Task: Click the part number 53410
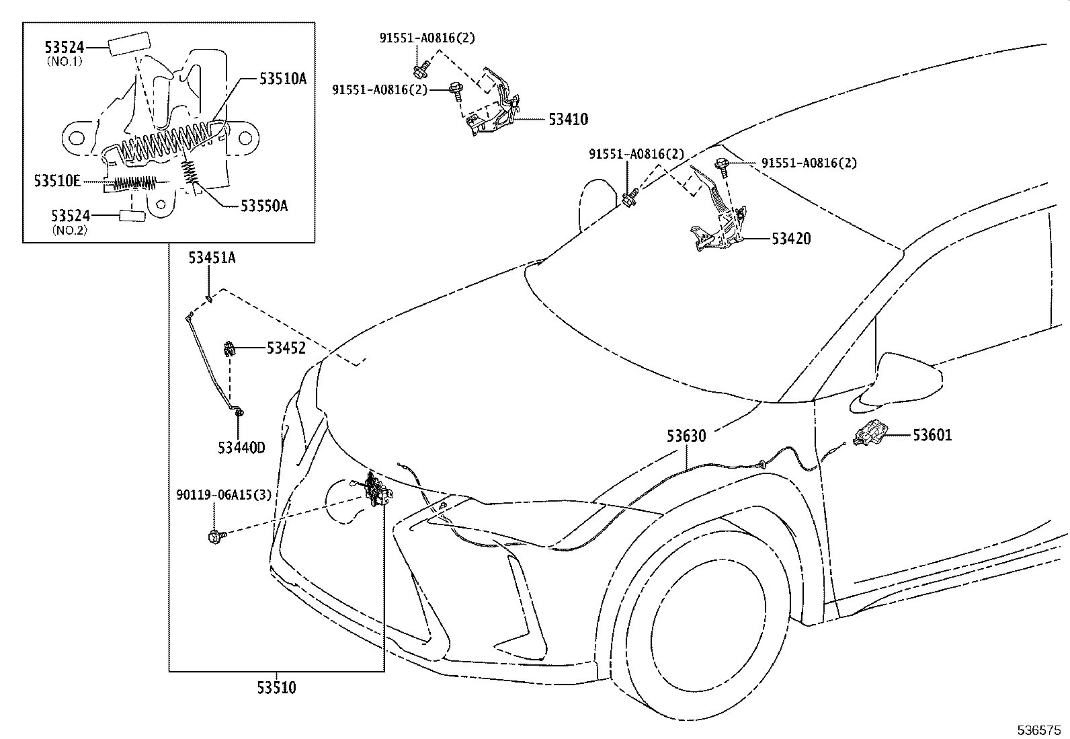(568, 119)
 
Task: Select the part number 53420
(791, 239)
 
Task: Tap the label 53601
(932, 435)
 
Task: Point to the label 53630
(686, 436)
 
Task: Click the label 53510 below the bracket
(277, 688)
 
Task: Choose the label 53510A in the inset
(283, 79)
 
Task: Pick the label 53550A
(263, 206)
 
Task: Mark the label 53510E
(57, 181)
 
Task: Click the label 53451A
(212, 258)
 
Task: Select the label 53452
(286, 348)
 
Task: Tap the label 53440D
(241, 448)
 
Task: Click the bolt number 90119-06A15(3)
(224, 495)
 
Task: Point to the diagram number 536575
(1039, 730)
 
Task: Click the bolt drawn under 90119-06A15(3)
(217, 537)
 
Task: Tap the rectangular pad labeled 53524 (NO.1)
(128, 44)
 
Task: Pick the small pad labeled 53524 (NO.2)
(132, 216)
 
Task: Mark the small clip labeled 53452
(230, 349)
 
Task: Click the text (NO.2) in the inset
(70, 231)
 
